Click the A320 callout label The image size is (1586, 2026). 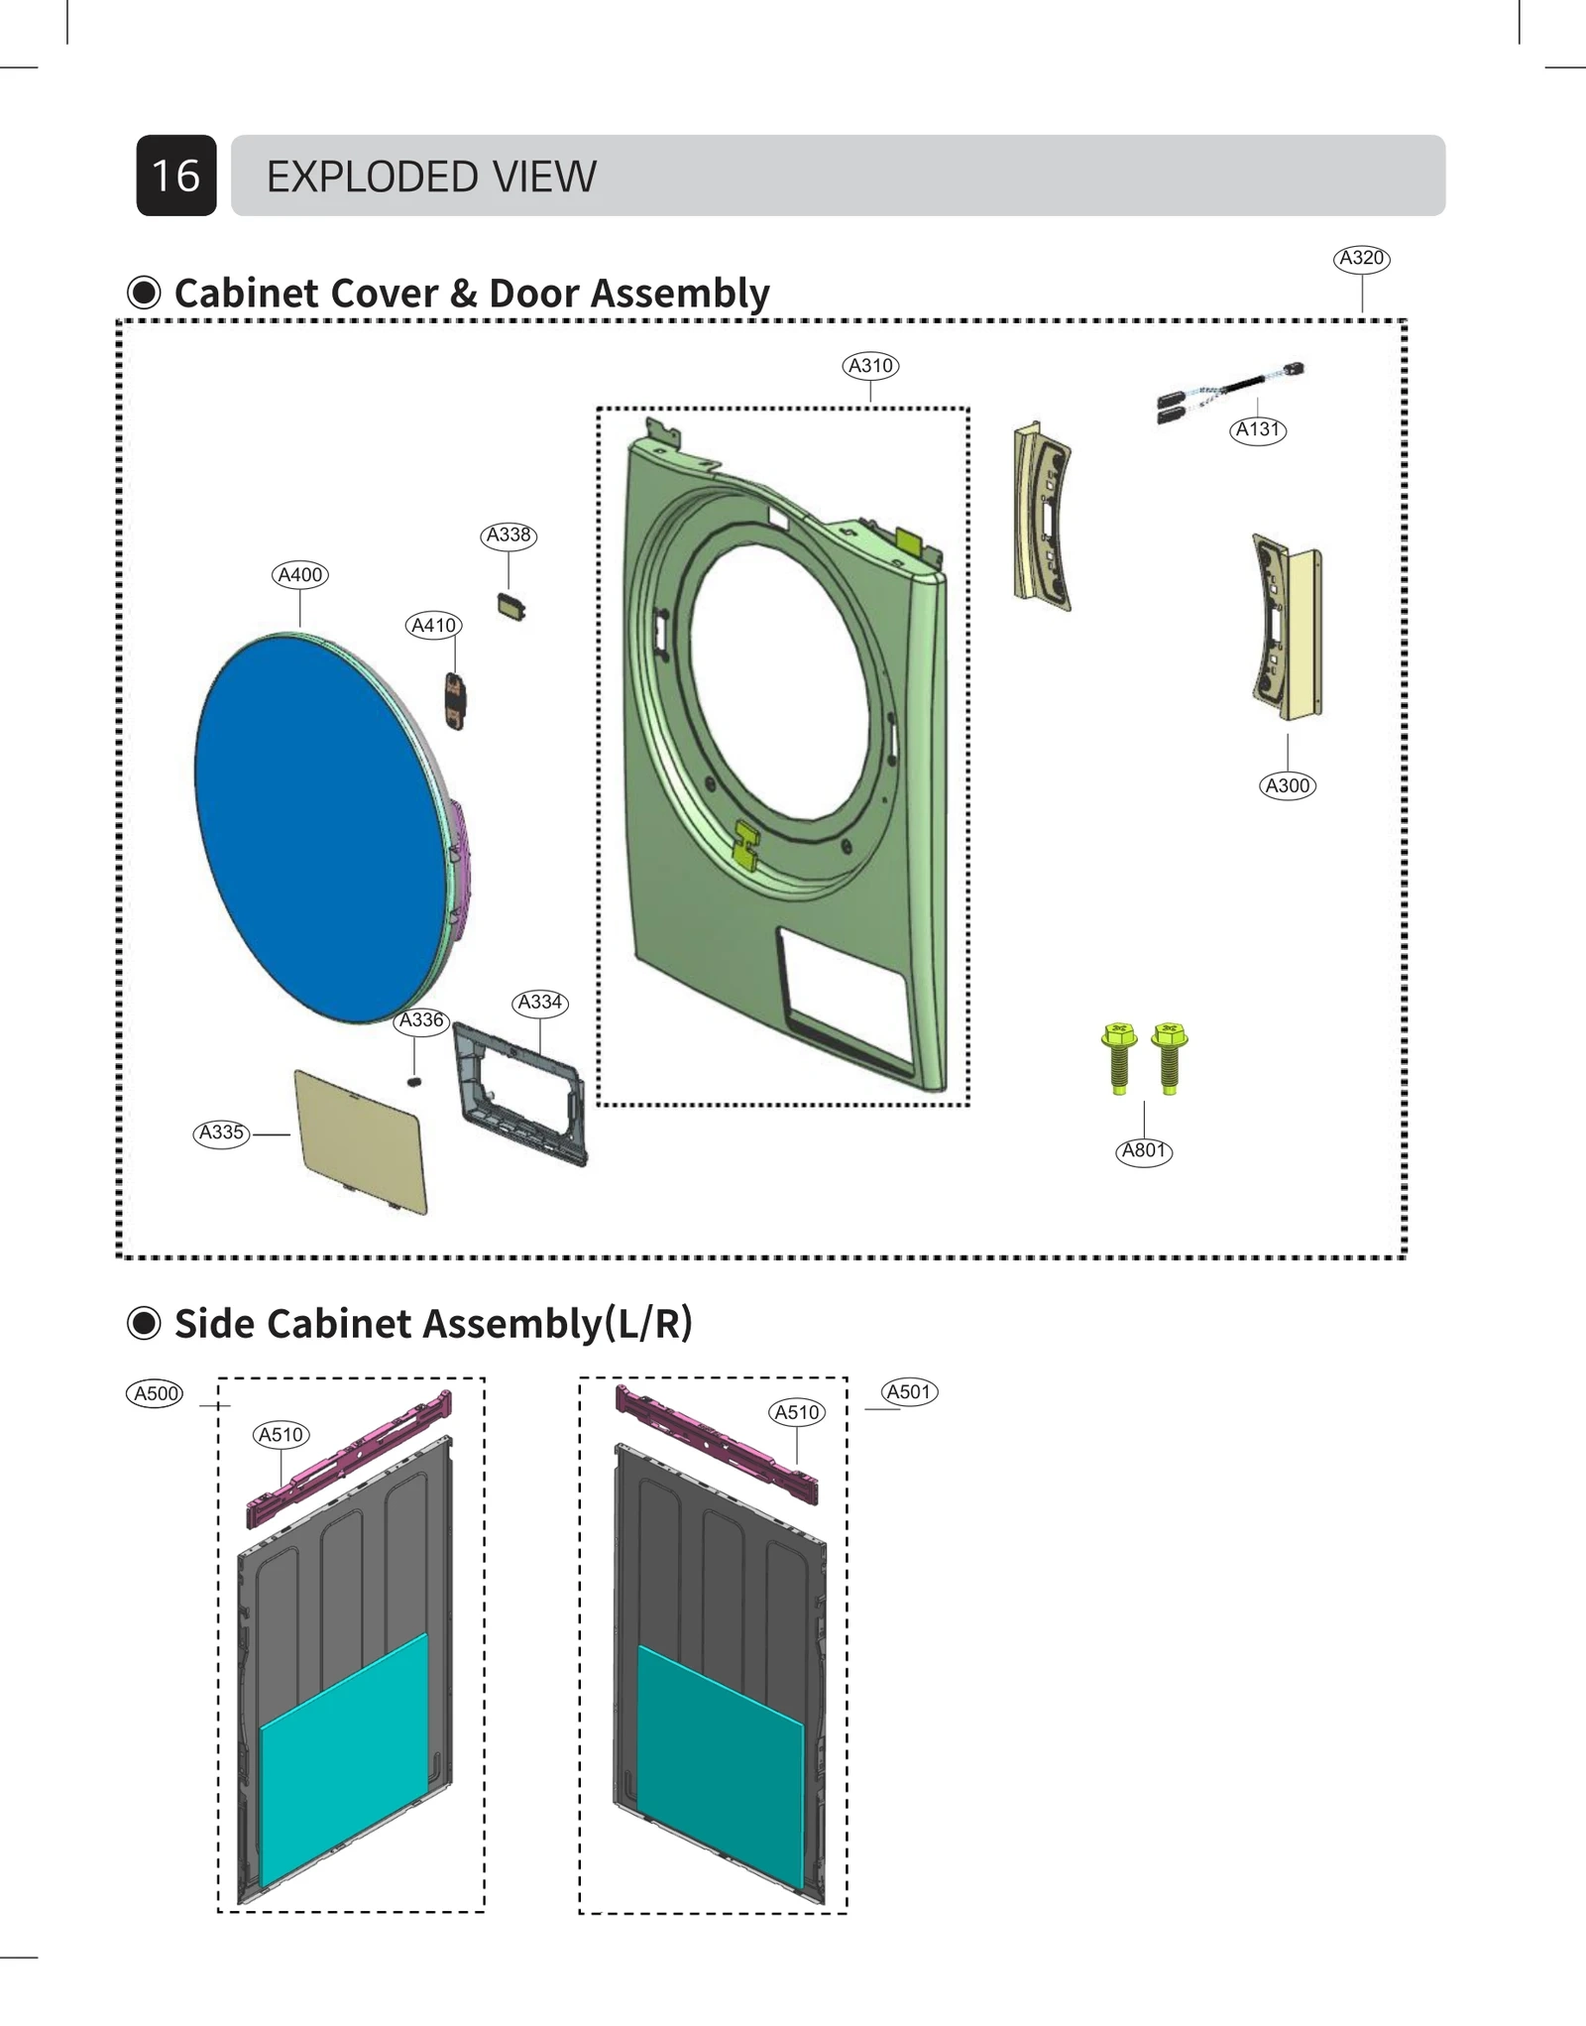1361,259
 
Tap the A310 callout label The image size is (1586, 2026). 870,366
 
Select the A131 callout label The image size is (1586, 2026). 1258,429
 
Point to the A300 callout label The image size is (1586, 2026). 1288,785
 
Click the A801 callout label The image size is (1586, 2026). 1144,1150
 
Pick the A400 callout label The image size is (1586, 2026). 299,575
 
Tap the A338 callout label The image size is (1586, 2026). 509,536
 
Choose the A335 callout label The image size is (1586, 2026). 221,1132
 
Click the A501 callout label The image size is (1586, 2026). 909,1391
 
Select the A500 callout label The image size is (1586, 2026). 156,1393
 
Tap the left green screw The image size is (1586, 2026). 1119,1058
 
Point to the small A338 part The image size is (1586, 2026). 511,607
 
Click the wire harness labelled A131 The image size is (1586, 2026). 1229,390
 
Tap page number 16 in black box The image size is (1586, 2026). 176,176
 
